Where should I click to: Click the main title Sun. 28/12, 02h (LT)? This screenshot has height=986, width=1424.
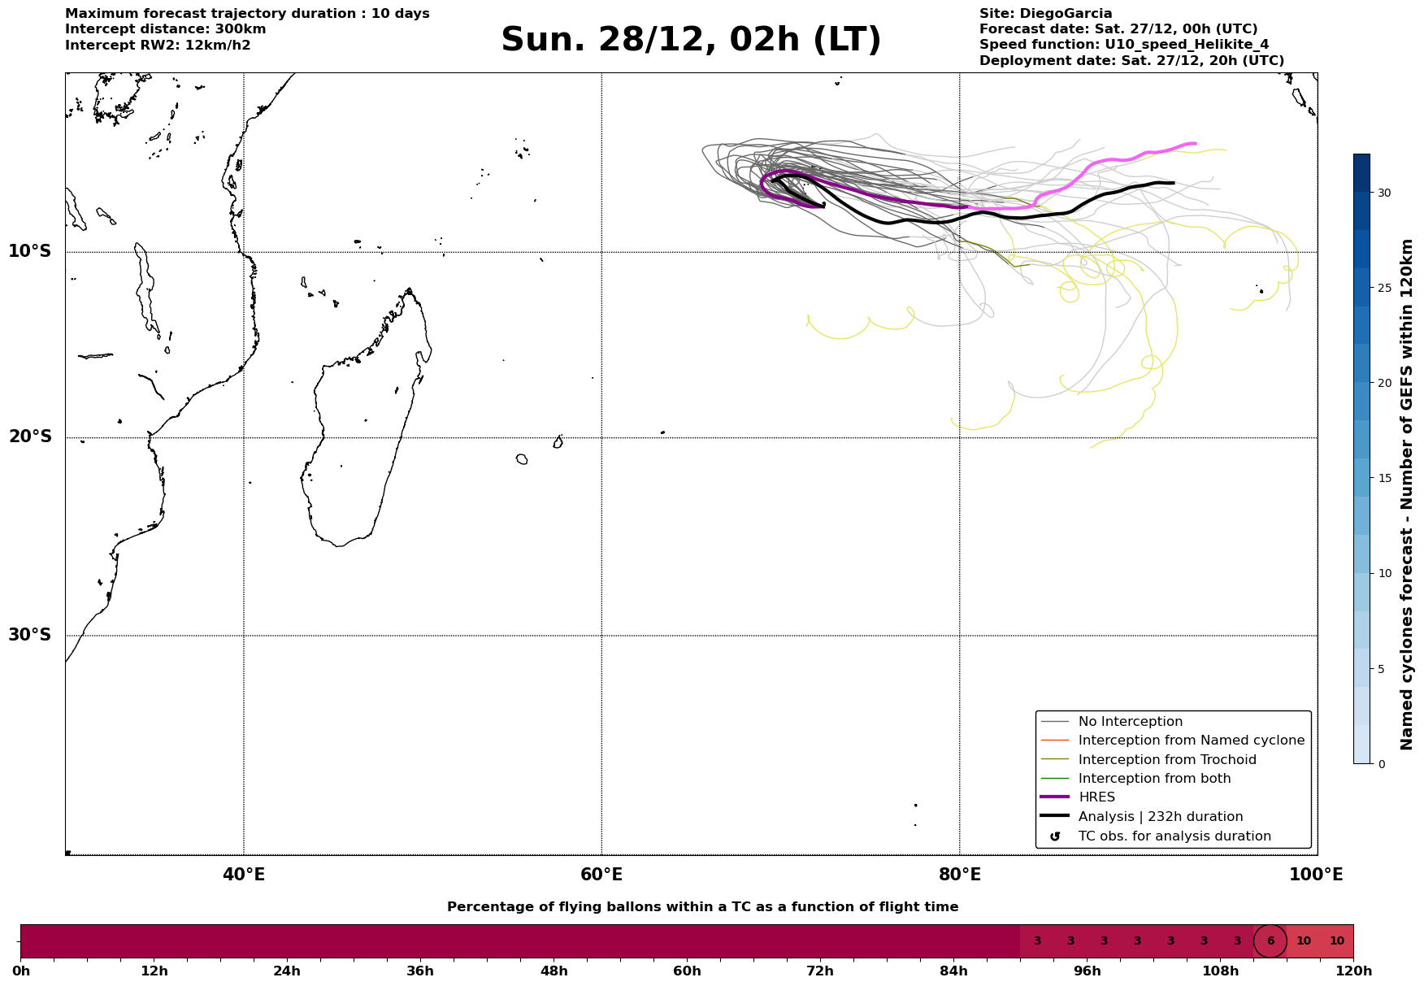coord(691,41)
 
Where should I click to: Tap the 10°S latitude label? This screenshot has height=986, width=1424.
coord(30,251)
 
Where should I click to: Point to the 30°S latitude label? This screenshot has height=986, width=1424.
coord(30,635)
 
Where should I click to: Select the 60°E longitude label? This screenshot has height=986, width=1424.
coord(601,875)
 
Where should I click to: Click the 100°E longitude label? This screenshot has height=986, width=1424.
coord(1316,875)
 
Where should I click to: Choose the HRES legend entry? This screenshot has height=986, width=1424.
coord(1096,797)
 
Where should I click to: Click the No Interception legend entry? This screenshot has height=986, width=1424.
coord(1130,722)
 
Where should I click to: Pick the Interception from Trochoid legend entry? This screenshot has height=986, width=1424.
coord(1166,760)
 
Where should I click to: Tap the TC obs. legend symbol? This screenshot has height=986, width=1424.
coord(1055,836)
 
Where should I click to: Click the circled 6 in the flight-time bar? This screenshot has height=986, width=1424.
coord(1270,941)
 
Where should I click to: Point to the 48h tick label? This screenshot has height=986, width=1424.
coord(554,971)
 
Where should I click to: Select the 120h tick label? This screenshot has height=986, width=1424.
coord(1353,971)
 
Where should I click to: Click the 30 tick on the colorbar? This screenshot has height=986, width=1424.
coord(1383,193)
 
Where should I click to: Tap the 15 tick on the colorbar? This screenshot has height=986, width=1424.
coord(1383,478)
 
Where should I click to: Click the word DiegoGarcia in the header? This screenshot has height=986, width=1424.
coord(1066,14)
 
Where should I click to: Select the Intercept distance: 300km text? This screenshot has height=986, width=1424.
coord(166,29)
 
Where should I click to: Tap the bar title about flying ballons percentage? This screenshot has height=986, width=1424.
coord(702,907)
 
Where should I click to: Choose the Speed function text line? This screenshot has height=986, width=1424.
coord(1124,45)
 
